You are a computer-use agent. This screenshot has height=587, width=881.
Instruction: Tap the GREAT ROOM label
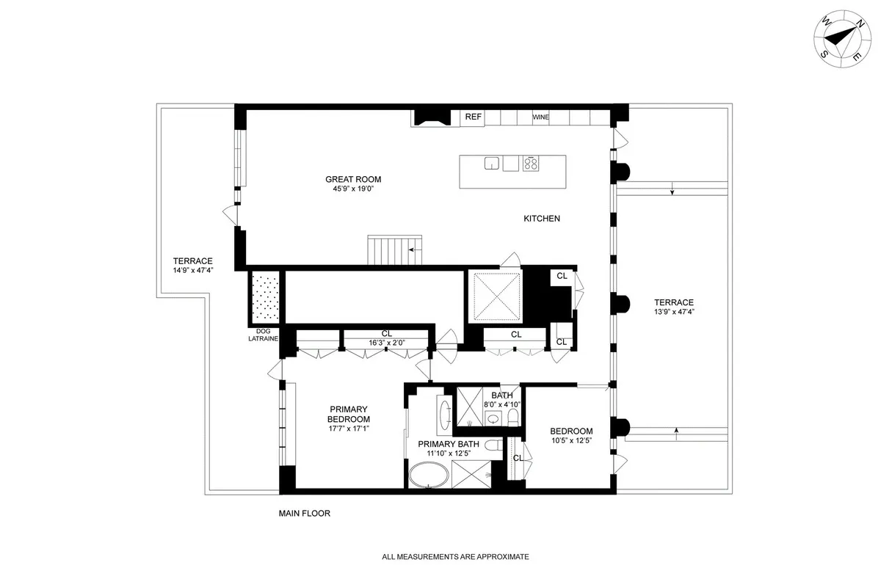click(353, 179)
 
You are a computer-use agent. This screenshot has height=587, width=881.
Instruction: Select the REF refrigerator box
click(473, 117)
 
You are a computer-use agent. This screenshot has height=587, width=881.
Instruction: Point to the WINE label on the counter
click(540, 117)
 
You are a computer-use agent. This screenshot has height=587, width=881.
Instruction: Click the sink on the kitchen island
click(492, 164)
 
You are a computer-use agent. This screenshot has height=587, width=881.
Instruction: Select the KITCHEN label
click(542, 219)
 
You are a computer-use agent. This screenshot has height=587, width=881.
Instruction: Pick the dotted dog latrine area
click(264, 296)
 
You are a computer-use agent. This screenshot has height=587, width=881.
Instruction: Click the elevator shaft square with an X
click(497, 296)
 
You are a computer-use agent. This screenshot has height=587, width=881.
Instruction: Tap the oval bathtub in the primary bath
click(432, 478)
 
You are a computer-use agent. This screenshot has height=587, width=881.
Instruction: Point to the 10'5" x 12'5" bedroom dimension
click(571, 441)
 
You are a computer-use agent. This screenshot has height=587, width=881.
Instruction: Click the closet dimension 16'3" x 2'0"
click(387, 342)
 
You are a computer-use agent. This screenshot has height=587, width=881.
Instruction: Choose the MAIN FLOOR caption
click(304, 514)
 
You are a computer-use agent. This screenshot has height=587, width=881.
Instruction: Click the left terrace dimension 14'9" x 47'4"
click(192, 270)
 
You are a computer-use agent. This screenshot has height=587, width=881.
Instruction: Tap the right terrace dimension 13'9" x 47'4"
click(674, 311)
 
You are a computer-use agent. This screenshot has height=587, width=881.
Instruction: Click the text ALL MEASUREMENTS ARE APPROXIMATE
click(455, 557)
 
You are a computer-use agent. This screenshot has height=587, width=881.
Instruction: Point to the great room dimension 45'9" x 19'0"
click(353, 189)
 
